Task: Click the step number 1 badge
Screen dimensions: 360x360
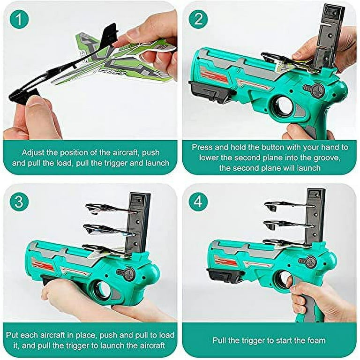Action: tap(19, 19)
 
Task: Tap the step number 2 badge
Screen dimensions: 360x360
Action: tap(198, 19)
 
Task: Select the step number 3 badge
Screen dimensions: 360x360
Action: tap(19, 202)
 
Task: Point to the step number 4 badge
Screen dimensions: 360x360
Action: tap(198, 202)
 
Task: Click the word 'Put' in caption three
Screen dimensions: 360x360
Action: tap(12, 335)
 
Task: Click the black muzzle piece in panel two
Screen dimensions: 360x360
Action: tap(212, 91)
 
